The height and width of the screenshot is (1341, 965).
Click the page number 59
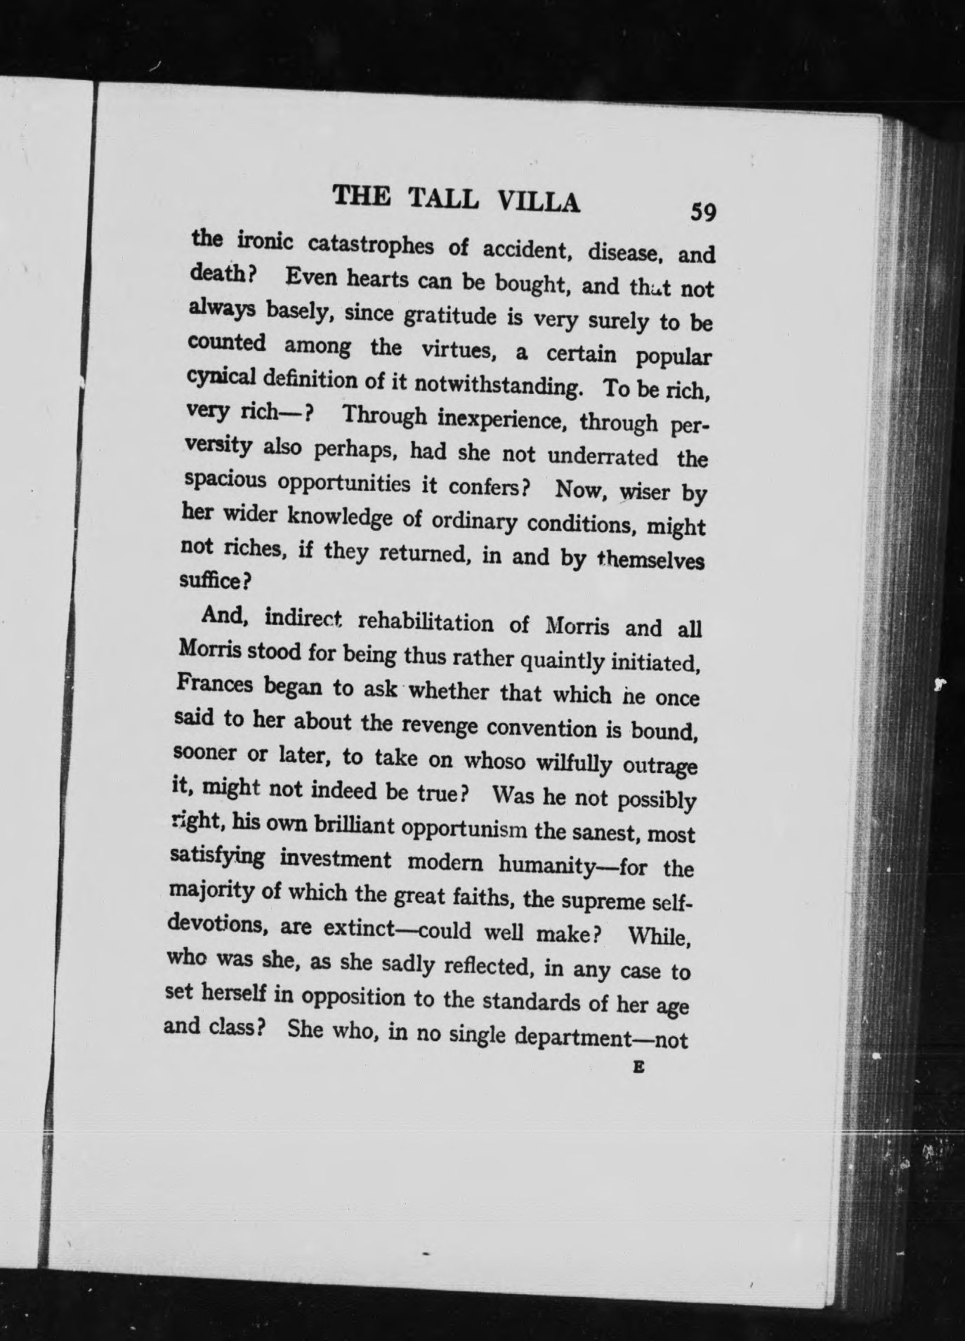coord(702,211)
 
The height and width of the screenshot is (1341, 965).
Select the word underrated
coord(603,457)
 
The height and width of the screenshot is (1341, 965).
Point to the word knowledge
coord(339,517)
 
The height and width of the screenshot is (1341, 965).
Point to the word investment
coord(334,859)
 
